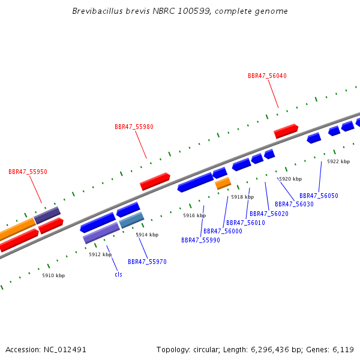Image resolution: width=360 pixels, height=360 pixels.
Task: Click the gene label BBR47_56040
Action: [267, 76]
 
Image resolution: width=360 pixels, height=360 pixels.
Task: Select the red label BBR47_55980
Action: [134, 127]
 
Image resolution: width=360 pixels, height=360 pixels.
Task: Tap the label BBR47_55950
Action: [28, 172]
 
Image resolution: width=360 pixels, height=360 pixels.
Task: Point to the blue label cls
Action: [118, 274]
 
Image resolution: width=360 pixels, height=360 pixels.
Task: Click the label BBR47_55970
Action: [147, 262]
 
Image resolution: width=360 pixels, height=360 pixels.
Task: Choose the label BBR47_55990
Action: [200, 240]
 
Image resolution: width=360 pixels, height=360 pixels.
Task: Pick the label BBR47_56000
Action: [223, 231]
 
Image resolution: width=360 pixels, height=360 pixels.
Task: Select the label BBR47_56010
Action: [245, 223]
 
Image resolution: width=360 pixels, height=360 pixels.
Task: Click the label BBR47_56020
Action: [269, 214]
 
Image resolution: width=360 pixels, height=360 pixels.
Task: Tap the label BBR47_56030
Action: [294, 204]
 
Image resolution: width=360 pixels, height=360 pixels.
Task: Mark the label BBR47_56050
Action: [319, 196]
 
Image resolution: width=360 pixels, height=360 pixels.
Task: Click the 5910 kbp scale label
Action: [53, 275]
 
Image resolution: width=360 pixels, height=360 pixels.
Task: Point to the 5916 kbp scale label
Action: [194, 215]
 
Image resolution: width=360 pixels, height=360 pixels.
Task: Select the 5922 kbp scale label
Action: [338, 161]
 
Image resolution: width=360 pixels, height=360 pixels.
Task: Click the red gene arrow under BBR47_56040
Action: [286, 131]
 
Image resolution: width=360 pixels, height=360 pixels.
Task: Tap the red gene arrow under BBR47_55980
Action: [155, 181]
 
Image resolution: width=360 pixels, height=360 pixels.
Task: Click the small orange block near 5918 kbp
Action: [223, 183]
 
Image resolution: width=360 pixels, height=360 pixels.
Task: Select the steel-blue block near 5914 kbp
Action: [131, 220]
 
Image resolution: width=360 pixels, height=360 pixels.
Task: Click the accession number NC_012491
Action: [65, 350]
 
